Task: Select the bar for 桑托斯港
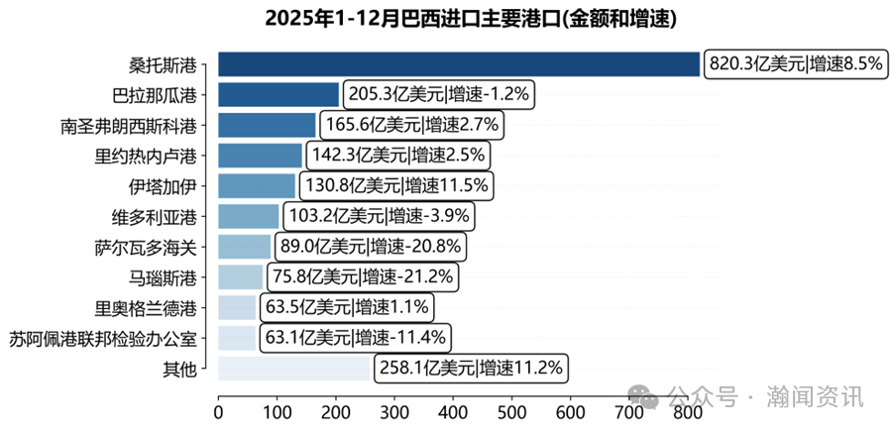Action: tap(458, 64)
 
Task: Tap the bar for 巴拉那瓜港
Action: tap(279, 95)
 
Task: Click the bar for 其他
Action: tap(294, 369)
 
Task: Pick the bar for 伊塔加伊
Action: tap(257, 186)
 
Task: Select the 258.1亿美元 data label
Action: tap(470, 369)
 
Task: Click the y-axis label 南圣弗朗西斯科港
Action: tap(128, 126)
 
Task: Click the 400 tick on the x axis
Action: tap(453, 406)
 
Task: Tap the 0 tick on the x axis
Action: tap(218, 406)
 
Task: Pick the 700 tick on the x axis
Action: tap(629, 406)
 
